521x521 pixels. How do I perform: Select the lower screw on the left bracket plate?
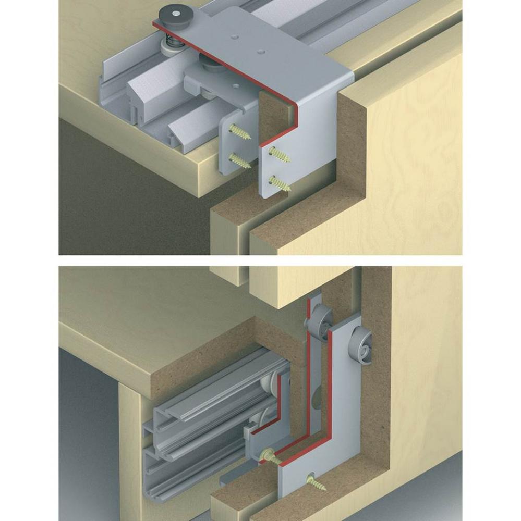239,160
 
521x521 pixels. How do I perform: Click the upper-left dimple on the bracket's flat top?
233,37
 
